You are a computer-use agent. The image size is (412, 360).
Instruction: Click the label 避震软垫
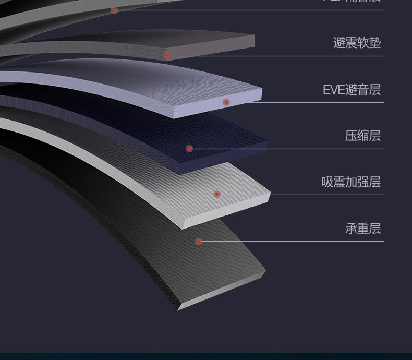click(357, 43)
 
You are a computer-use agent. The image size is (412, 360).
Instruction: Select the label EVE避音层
click(352, 90)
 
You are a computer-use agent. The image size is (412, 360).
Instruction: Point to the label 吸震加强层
click(350, 182)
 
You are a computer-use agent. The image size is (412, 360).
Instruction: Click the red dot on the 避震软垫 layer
click(167, 55)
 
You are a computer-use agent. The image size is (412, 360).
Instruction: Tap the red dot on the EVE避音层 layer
click(226, 102)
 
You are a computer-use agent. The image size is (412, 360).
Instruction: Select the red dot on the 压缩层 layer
click(189, 149)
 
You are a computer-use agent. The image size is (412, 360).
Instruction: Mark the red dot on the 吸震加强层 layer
click(217, 194)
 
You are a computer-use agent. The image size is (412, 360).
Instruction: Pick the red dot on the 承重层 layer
click(198, 241)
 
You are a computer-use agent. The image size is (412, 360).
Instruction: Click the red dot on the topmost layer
click(114, 10)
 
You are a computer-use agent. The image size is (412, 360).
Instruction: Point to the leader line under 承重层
click(292, 241)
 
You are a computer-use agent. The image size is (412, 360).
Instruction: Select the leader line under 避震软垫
click(276, 56)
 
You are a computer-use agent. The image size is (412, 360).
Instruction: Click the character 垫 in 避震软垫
click(375, 43)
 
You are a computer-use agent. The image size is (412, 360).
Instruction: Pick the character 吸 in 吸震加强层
click(328, 182)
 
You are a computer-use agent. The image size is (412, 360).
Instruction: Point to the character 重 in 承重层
click(363, 229)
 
